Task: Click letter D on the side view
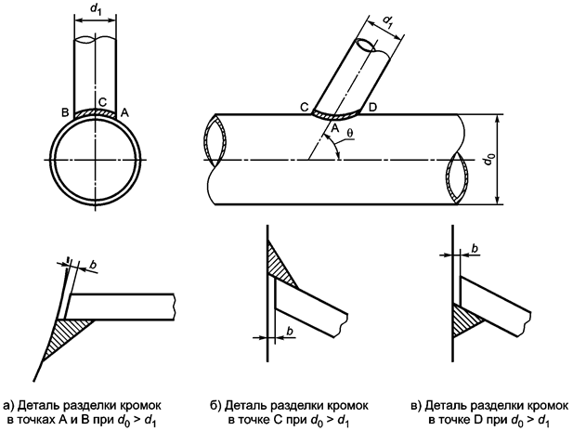click(x=373, y=108)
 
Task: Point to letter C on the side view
click(x=305, y=108)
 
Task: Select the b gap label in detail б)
click(x=289, y=332)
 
